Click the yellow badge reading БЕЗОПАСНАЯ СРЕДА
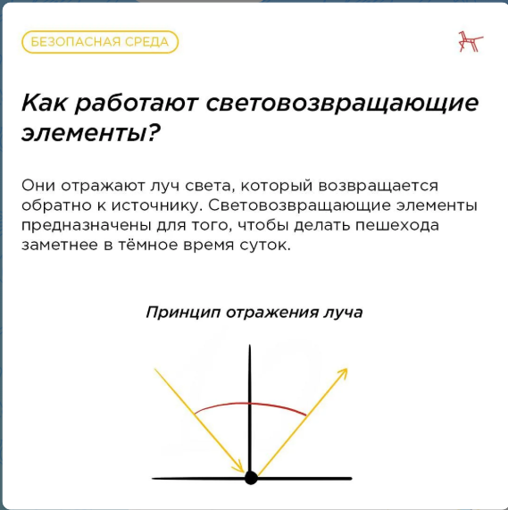(x=100, y=42)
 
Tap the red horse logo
(x=471, y=41)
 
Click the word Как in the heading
(x=44, y=103)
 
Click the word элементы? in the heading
(x=91, y=133)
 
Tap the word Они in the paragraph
(x=38, y=186)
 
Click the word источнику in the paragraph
(x=154, y=206)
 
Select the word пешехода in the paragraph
(x=396, y=225)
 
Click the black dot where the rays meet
(x=251, y=478)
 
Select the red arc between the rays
(x=250, y=404)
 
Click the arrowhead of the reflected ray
(x=342, y=373)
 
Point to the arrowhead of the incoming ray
(x=238, y=466)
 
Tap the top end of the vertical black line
(x=250, y=345)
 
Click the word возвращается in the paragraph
(x=378, y=187)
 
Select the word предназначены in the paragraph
(x=86, y=225)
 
